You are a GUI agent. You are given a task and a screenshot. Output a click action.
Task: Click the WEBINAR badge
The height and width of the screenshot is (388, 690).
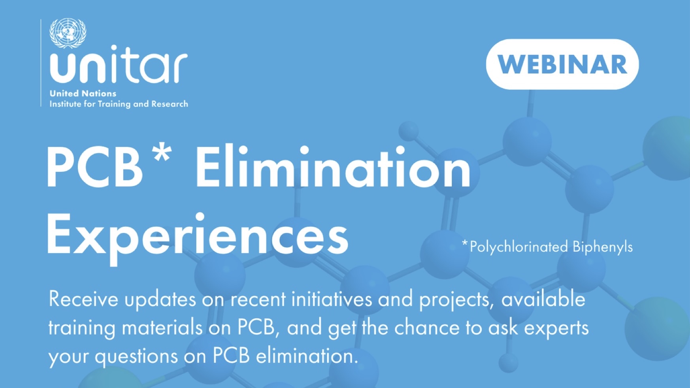562,64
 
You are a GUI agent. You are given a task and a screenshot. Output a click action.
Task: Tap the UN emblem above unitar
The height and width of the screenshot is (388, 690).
68,33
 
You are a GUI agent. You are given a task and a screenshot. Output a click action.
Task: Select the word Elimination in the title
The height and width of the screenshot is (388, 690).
333,167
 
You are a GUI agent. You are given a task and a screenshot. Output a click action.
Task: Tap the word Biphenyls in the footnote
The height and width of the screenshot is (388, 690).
602,247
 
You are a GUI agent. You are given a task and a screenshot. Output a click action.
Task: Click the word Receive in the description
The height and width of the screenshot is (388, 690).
83,299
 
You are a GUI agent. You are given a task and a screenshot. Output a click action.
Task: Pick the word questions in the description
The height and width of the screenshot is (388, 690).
136,357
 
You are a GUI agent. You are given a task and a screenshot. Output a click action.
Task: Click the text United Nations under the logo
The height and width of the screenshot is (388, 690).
83,94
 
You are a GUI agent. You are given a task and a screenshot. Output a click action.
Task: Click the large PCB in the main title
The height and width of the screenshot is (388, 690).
94,167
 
